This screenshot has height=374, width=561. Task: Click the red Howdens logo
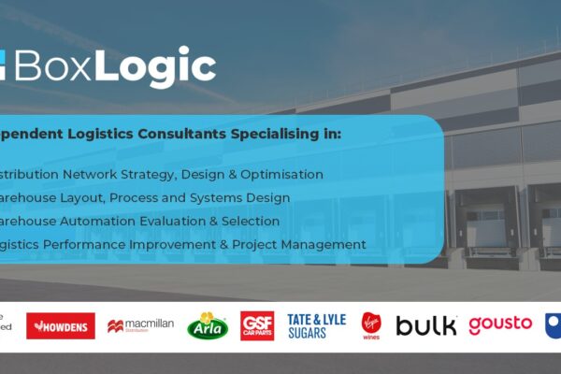point(61,325)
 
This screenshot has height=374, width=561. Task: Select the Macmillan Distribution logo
point(140,325)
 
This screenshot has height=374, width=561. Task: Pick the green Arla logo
point(208,325)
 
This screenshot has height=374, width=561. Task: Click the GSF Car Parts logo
point(257,325)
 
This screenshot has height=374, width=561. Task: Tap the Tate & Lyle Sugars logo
point(317,325)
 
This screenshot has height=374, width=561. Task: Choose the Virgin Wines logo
point(371,325)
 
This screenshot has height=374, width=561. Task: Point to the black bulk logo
point(426,325)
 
